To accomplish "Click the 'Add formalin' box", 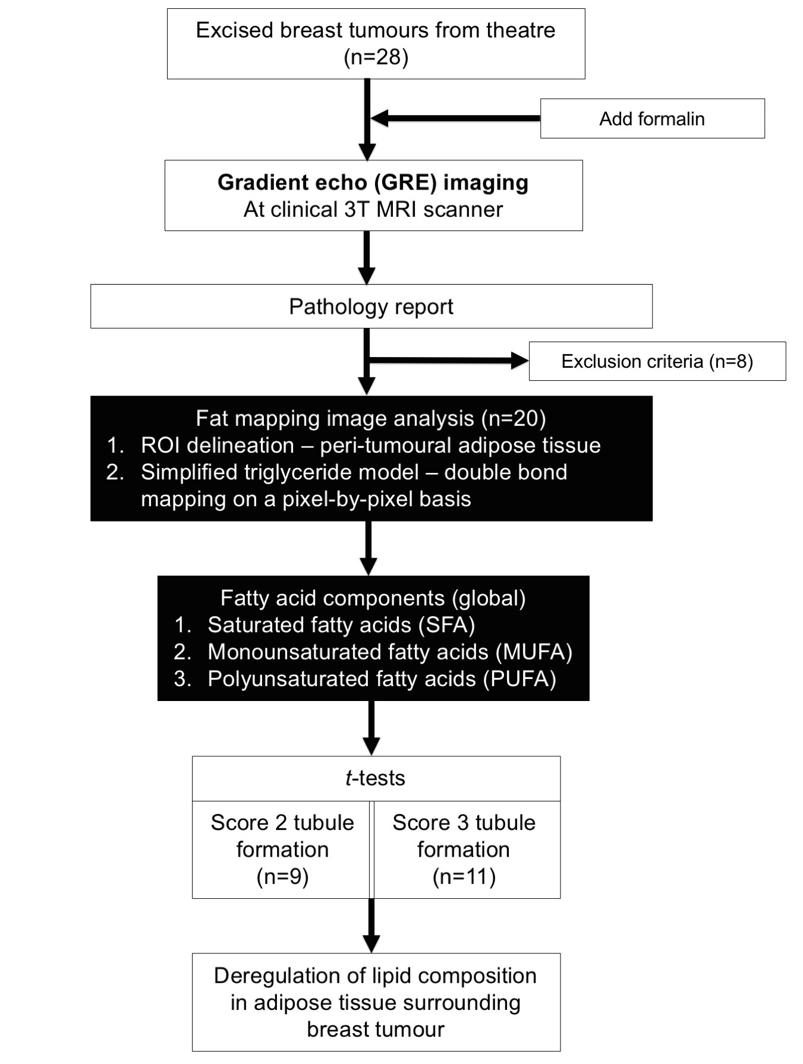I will click(652, 119).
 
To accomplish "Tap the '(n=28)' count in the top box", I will click(376, 58).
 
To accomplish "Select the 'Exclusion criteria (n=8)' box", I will click(657, 361).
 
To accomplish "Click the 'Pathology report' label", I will click(371, 307).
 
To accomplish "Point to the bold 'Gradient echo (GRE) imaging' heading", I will click(373, 182).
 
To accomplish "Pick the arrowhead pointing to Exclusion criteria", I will click(519, 360).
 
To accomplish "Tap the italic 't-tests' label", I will click(375, 778).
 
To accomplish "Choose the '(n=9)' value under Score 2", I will click(282, 877).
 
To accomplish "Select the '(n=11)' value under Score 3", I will click(464, 877).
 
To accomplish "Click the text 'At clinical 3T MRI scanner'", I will click(373, 210).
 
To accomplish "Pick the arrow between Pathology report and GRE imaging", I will click(367, 257).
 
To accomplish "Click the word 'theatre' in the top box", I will click(519, 30).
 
